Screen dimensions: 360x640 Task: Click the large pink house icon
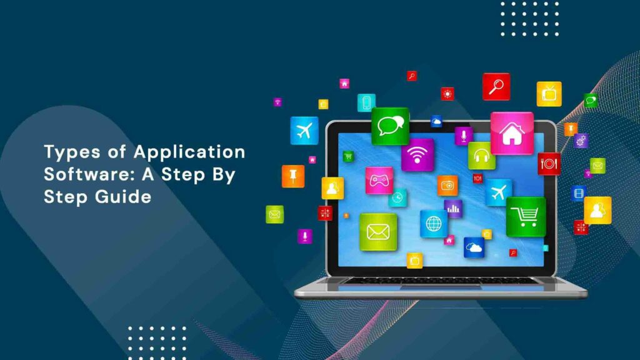tap(512, 133)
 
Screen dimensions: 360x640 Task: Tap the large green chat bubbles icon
tap(390, 126)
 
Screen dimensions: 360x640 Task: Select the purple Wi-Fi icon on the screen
tap(417, 155)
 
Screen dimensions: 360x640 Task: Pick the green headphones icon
tap(481, 156)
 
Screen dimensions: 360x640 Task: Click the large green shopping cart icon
tap(526, 217)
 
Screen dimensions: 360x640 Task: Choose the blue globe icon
tap(434, 223)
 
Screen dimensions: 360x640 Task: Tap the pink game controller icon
tap(379, 181)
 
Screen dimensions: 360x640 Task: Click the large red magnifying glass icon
tap(496, 86)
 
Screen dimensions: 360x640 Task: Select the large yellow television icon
tap(549, 94)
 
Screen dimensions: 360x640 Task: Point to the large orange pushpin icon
tap(292, 176)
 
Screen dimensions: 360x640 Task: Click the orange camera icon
tap(447, 185)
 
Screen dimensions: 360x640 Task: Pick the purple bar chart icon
tap(453, 209)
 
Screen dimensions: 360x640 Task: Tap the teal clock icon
tap(397, 197)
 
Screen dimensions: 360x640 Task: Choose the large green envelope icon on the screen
tap(378, 232)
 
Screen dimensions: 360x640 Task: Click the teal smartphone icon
tap(366, 102)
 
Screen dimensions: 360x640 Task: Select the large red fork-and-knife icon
tap(549, 164)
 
